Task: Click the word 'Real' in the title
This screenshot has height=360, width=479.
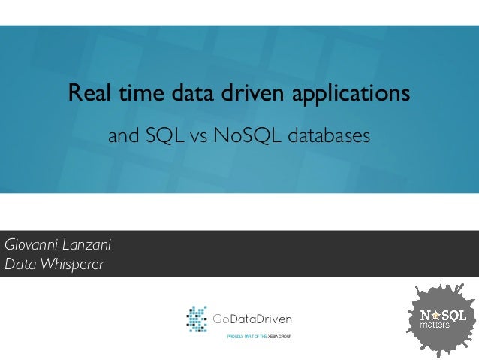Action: click(86, 95)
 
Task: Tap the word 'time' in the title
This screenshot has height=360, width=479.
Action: click(131, 95)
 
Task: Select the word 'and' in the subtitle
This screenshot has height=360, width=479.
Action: click(124, 137)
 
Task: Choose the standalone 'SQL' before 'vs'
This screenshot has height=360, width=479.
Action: click(165, 137)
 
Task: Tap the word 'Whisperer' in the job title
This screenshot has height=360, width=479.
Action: click(71, 265)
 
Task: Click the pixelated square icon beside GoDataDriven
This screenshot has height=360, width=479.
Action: click(197, 319)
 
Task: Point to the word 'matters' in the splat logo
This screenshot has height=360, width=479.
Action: click(435, 326)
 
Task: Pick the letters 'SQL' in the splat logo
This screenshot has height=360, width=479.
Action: click(455, 313)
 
